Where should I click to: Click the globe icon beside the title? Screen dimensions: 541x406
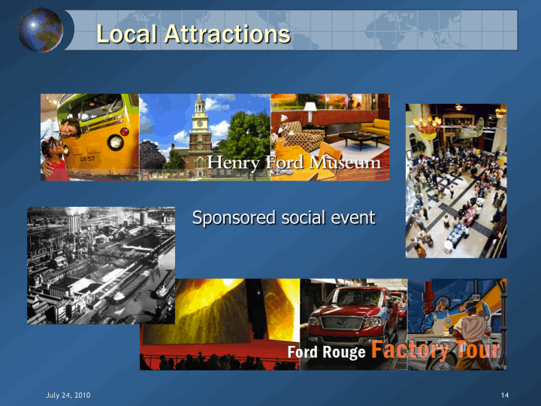click(x=41, y=29)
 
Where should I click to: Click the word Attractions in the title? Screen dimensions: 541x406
click(x=228, y=34)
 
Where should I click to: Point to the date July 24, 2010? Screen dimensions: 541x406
click(x=68, y=395)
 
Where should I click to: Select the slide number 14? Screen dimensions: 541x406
click(x=505, y=395)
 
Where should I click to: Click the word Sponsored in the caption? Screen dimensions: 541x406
click(x=234, y=218)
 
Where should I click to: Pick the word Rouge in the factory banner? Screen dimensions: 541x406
click(x=343, y=353)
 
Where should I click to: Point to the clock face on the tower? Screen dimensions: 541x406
click(x=199, y=123)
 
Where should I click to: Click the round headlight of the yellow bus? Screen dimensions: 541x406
click(x=115, y=142)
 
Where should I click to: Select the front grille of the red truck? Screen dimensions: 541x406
click(x=342, y=323)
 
